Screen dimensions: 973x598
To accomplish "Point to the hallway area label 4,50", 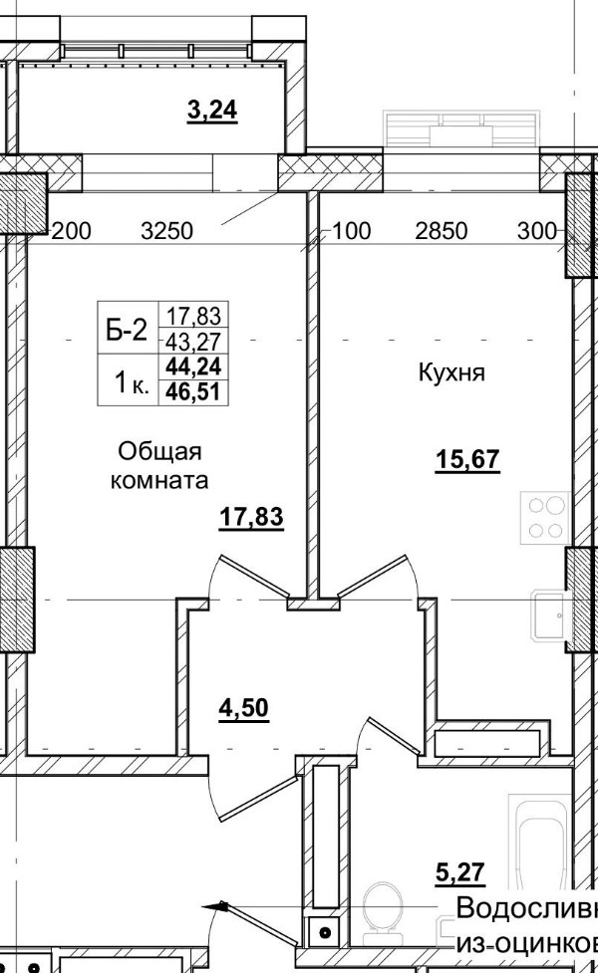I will pyautogui.click(x=244, y=708).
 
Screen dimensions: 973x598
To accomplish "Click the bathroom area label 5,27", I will pyautogui.click(x=459, y=873).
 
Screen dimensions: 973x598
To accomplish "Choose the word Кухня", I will pyautogui.click(x=451, y=374).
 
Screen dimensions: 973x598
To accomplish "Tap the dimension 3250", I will pyautogui.click(x=167, y=232).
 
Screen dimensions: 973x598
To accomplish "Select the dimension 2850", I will pyautogui.click(x=442, y=232).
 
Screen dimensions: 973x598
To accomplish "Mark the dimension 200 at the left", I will pyautogui.click(x=70, y=232).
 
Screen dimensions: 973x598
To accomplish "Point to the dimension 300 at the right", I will pyautogui.click(x=537, y=232).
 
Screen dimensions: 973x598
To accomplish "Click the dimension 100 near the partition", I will pyautogui.click(x=351, y=232).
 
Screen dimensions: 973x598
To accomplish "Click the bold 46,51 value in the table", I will pyautogui.click(x=195, y=391).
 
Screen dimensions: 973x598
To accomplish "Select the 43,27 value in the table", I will pyautogui.click(x=195, y=342).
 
